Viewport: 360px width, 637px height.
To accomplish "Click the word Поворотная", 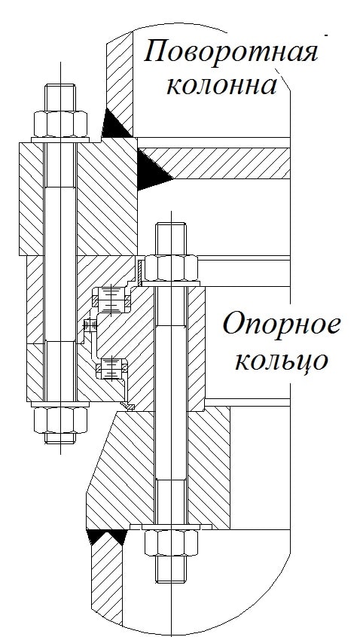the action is point(230,52).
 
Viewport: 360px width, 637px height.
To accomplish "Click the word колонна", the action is point(222,85).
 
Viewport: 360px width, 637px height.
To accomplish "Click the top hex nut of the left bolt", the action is point(60,124).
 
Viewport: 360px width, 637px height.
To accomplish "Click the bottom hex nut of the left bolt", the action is point(60,420).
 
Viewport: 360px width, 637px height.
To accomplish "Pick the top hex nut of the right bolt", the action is point(171,268).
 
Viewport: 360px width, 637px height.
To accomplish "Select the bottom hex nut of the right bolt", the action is point(171,543).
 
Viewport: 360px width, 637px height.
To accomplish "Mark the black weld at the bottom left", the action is point(106,535).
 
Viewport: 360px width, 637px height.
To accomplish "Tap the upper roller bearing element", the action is point(111,300).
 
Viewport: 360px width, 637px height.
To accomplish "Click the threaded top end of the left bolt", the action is point(60,97).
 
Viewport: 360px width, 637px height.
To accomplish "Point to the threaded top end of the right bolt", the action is point(171,239).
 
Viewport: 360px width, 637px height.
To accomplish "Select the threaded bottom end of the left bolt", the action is point(60,438).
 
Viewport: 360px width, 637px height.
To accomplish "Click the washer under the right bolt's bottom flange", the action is point(171,527).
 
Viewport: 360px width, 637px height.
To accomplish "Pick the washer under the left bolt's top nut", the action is point(60,140).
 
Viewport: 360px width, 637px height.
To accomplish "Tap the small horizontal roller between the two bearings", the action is point(90,325).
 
